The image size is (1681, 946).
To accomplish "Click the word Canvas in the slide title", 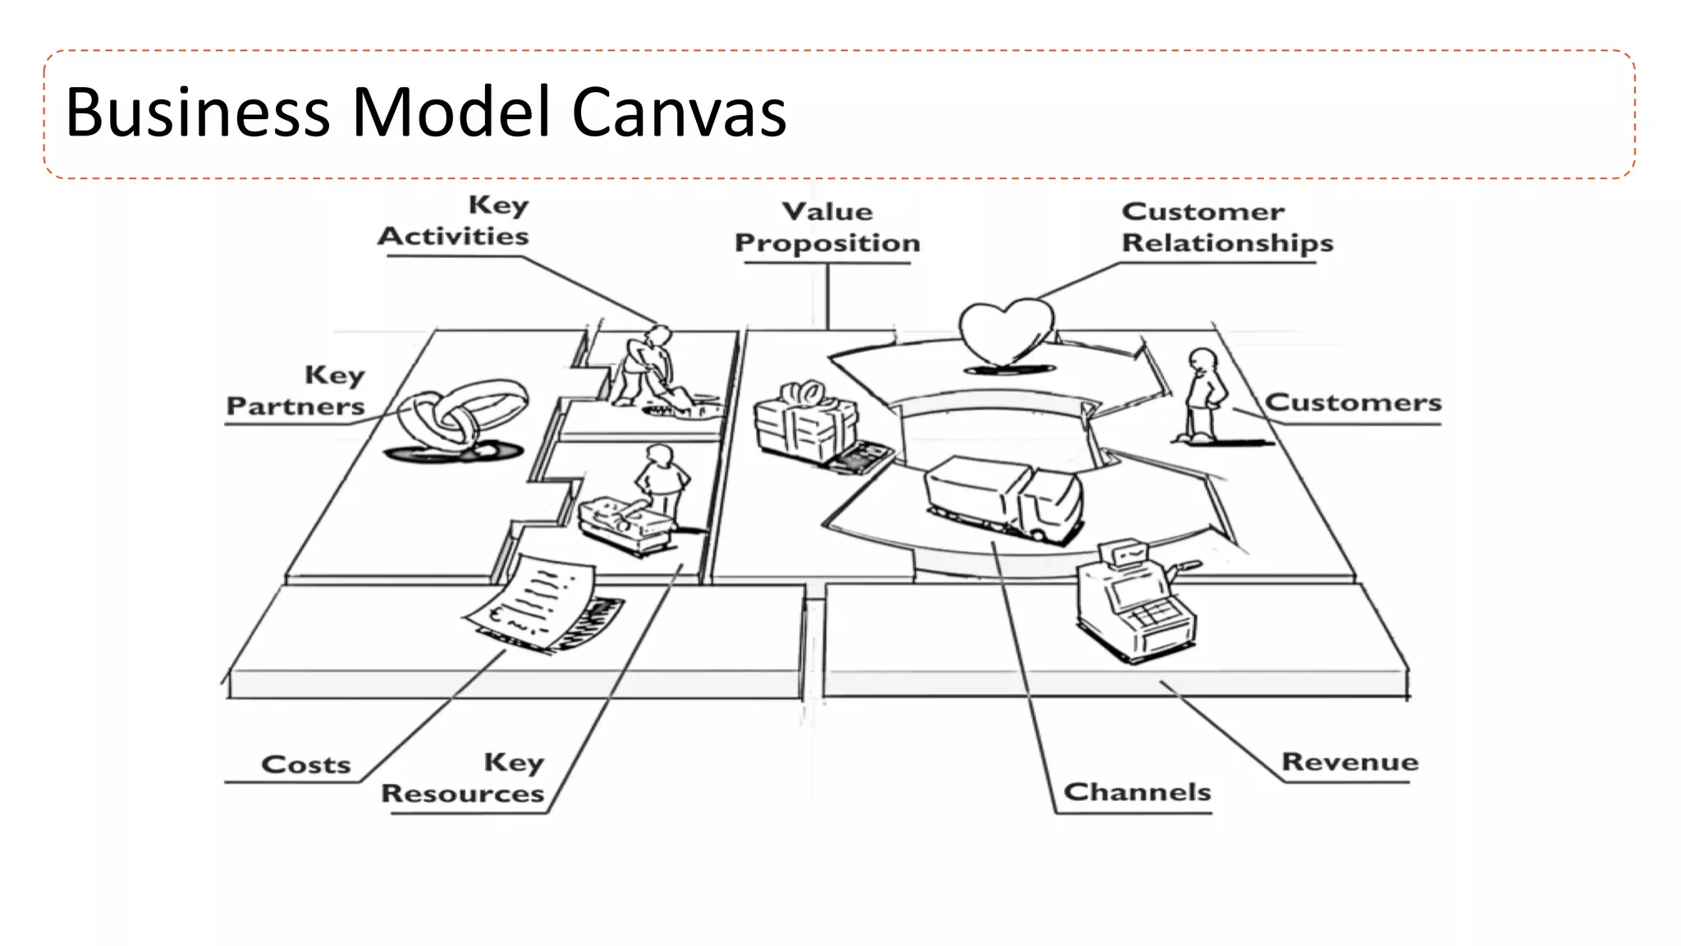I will [x=679, y=113].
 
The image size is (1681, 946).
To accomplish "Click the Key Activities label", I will [x=454, y=222].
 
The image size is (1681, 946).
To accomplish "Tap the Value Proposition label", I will [x=827, y=227].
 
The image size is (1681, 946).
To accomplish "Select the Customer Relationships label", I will [x=1226, y=227].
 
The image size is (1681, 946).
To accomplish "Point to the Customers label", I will [x=1353, y=403].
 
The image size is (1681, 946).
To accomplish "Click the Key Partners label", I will [x=295, y=391].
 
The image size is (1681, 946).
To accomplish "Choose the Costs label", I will [x=305, y=765].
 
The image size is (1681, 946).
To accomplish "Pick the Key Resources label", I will [x=464, y=778].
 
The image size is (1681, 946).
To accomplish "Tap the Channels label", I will [x=1137, y=792].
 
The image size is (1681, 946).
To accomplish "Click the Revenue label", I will [x=1349, y=762].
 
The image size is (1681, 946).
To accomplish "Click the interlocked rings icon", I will [x=460, y=416].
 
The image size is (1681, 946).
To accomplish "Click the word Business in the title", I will [x=197, y=113].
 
